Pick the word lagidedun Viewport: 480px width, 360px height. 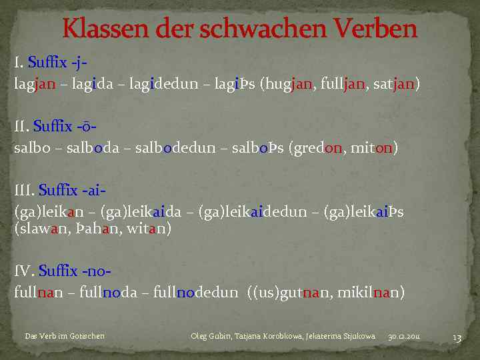tap(169, 85)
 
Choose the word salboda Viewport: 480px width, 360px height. tap(89, 147)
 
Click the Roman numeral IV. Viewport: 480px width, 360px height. tap(23, 271)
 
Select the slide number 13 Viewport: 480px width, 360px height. tap(457, 338)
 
